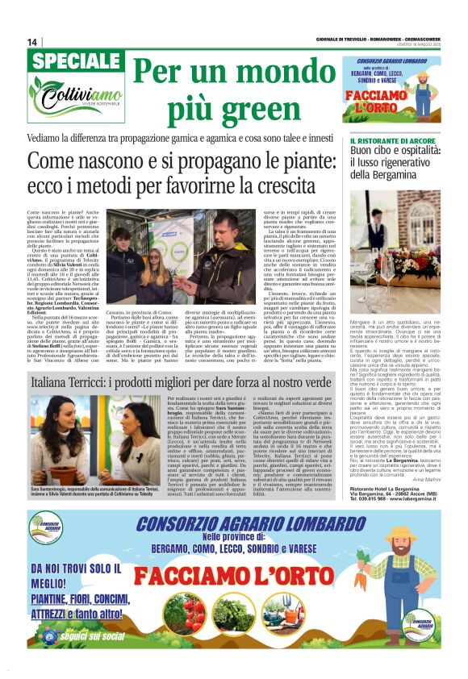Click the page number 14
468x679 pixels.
click(32, 42)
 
